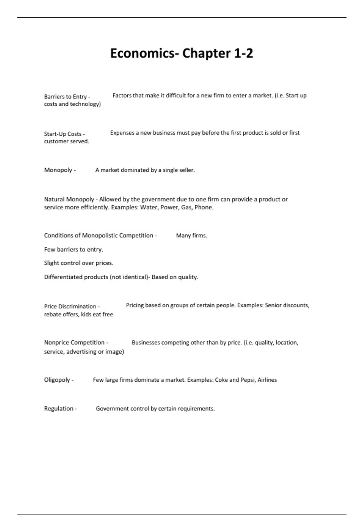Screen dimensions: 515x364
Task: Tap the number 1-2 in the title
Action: [x=243, y=53]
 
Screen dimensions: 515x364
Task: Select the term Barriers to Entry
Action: [x=65, y=97]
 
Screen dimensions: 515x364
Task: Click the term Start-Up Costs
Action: [x=62, y=134]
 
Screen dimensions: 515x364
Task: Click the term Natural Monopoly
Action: [x=69, y=199]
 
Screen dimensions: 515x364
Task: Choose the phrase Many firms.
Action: [x=191, y=235]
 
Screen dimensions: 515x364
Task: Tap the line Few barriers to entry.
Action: [x=73, y=249]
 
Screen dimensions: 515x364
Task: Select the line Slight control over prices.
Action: [x=79, y=263]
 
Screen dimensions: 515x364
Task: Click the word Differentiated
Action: [x=63, y=277]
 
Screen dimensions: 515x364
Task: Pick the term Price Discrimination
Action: [x=70, y=306]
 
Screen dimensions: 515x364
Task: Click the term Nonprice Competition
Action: [x=74, y=342]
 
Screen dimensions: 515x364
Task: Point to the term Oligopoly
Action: [x=57, y=380]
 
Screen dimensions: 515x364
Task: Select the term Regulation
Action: [x=59, y=408]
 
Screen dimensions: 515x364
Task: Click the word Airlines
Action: [x=267, y=380]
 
